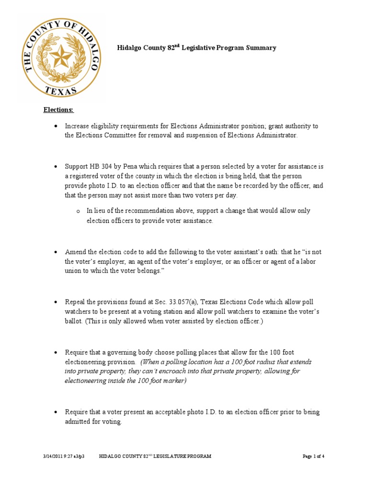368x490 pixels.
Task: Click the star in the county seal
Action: (x=61, y=57)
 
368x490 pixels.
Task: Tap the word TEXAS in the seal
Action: (x=61, y=90)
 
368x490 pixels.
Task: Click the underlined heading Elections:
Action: (x=58, y=110)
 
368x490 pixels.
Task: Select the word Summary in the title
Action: (x=261, y=48)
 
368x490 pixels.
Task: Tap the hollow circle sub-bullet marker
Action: (x=78, y=211)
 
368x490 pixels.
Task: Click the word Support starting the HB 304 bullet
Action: (x=77, y=167)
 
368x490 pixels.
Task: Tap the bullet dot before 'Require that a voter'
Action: (x=56, y=412)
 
